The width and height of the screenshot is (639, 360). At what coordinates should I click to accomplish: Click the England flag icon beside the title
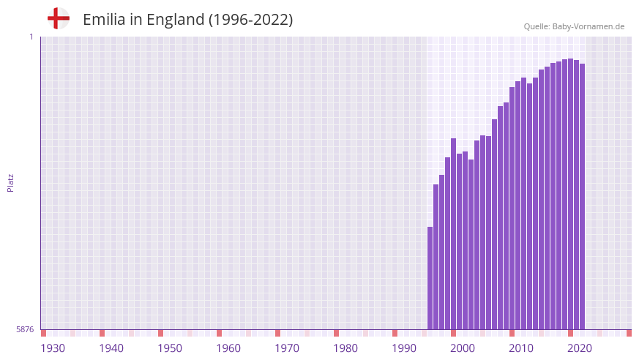[x=59, y=19]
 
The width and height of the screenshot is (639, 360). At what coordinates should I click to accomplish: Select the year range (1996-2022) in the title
[x=251, y=20]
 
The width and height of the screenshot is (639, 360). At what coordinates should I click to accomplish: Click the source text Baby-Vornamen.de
[x=588, y=26]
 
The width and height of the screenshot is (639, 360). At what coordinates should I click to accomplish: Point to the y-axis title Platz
[x=10, y=182]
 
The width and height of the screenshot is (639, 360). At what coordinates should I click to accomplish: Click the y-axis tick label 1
[x=31, y=37]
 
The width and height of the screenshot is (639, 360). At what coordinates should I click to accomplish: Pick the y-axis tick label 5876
[x=25, y=330]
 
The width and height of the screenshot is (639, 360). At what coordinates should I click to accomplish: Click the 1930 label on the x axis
[x=53, y=348]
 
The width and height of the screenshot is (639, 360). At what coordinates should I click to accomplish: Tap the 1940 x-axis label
[x=111, y=348]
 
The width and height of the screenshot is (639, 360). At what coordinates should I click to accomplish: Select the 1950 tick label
[x=170, y=348]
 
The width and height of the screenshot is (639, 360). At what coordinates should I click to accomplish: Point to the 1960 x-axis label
[x=228, y=348]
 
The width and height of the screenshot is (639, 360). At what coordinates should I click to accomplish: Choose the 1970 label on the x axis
[x=287, y=348]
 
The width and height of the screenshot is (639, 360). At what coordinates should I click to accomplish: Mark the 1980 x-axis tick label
[x=345, y=348]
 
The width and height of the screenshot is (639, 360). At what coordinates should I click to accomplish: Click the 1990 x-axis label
[x=404, y=348]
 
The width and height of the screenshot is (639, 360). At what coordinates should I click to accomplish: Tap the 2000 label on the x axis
[x=463, y=348]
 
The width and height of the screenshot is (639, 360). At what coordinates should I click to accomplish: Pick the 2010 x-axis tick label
[x=521, y=348]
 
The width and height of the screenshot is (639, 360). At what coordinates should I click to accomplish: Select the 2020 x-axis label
[x=580, y=348]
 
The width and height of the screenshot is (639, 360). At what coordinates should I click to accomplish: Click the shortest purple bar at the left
[x=430, y=278]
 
